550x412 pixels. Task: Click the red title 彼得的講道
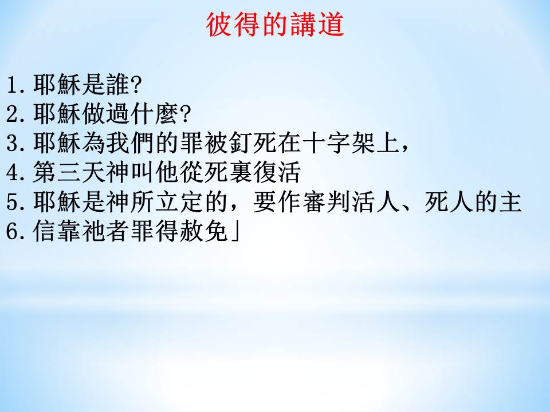click(x=274, y=25)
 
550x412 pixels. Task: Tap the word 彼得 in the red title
click(x=233, y=25)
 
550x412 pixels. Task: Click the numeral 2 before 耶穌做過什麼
click(x=13, y=114)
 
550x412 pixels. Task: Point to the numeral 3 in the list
click(x=13, y=144)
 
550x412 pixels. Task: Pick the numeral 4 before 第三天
click(x=13, y=173)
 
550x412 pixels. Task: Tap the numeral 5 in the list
click(x=13, y=202)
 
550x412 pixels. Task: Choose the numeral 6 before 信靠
click(x=13, y=231)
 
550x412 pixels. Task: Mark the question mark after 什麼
click(x=184, y=114)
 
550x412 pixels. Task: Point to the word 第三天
click(x=69, y=172)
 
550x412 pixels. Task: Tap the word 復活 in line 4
click(x=277, y=172)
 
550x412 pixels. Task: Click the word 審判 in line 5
click(x=326, y=202)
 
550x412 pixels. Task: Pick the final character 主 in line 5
click(x=510, y=202)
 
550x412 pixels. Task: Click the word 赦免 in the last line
click(x=204, y=231)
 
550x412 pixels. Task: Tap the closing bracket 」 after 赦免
click(x=235, y=231)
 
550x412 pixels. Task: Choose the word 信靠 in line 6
click(x=57, y=231)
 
